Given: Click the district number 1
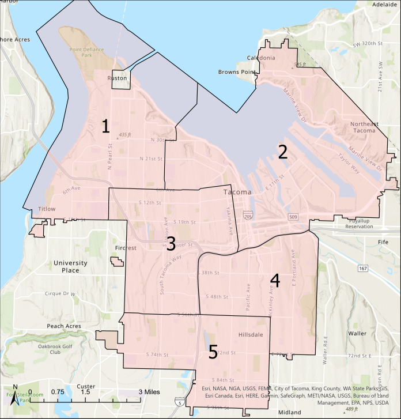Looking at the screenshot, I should [x=105, y=126].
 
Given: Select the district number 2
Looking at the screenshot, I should [x=282, y=152].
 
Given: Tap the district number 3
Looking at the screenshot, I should [x=171, y=242].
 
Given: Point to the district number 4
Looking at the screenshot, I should [x=275, y=281].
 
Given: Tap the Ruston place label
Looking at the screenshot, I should [x=117, y=78].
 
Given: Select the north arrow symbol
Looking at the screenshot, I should [x=16, y=395].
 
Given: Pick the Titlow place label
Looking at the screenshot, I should [x=46, y=209].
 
